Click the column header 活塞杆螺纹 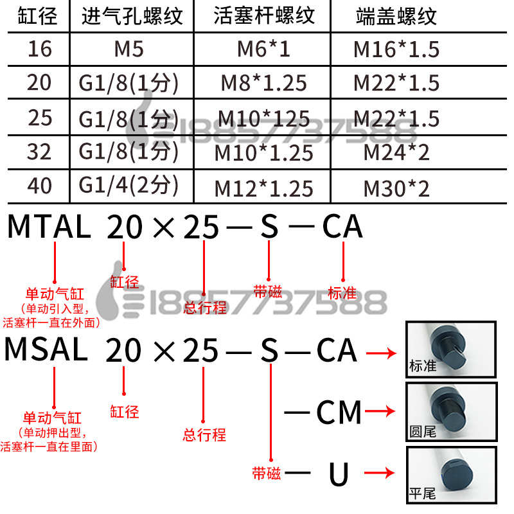[264, 16]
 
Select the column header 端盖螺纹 [396, 16]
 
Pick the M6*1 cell [264, 49]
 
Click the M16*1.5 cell [396, 49]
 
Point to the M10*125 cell [264, 119]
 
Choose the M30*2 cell [396, 188]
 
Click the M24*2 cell [396, 153]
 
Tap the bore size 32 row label [39, 152]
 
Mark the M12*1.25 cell [264, 188]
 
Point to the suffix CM [339, 412]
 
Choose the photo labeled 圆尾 [451, 412]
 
